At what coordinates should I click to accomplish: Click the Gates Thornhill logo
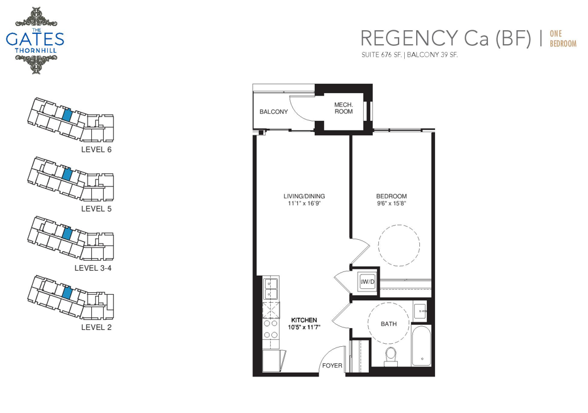click(35, 40)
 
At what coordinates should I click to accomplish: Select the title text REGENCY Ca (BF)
click(446, 38)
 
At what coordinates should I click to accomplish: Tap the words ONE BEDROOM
click(563, 38)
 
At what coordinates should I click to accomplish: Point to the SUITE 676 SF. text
click(382, 55)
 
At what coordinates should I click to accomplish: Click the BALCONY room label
click(274, 112)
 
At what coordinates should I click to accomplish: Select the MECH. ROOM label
click(344, 108)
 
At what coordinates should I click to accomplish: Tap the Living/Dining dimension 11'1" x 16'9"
click(304, 204)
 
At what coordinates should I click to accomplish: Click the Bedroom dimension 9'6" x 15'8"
click(392, 204)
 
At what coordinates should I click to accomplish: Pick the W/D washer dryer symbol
click(368, 281)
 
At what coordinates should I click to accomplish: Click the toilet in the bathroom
click(391, 356)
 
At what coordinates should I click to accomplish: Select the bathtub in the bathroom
click(422, 346)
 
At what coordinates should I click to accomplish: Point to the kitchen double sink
click(270, 288)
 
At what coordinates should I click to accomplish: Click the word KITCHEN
click(304, 320)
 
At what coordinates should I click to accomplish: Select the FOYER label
click(332, 365)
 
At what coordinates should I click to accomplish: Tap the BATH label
click(388, 324)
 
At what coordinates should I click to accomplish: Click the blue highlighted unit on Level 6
click(66, 115)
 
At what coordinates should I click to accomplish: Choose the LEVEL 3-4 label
click(93, 268)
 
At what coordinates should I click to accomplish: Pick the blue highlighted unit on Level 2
click(66, 292)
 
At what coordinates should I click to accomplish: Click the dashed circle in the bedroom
click(399, 225)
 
